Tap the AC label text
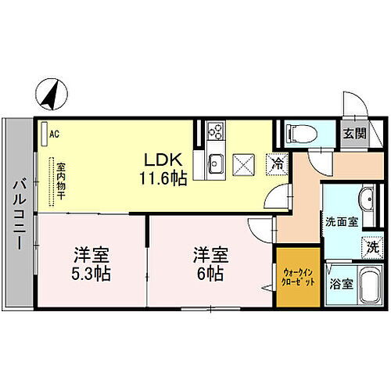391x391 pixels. (x=54, y=134)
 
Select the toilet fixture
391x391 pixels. (x=300, y=133)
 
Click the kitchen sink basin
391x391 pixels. (x=217, y=164)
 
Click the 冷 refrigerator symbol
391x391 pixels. (x=277, y=163)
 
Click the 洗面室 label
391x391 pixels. (x=342, y=221)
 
